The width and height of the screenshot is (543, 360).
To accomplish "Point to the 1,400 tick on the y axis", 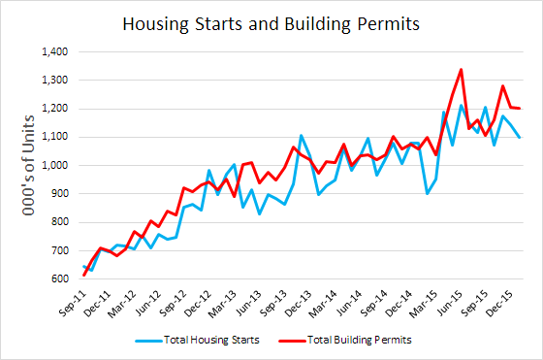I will click(x=55, y=51).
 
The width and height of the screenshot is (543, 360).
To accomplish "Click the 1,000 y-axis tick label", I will click(x=55, y=165).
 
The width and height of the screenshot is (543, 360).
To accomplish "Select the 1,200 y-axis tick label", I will click(x=55, y=109).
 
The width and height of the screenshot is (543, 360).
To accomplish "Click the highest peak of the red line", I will click(x=461, y=69).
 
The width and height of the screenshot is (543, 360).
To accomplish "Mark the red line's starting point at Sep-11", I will click(x=84, y=276).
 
